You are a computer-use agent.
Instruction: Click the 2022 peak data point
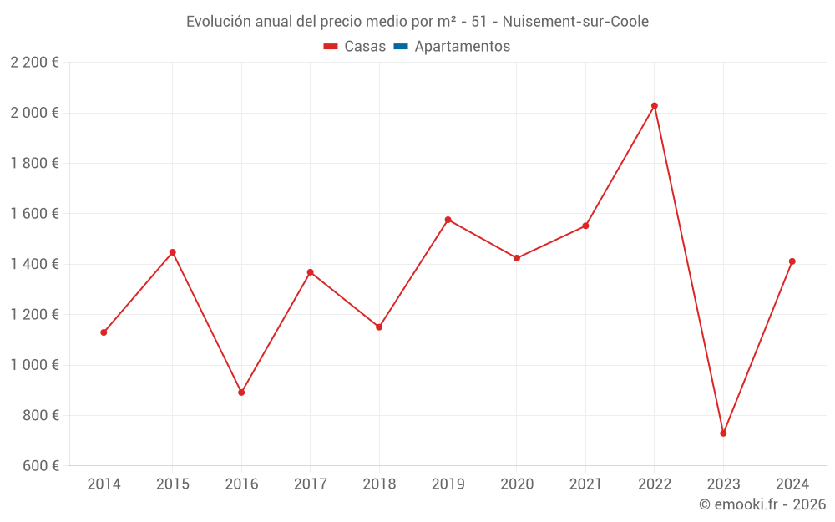(x=655, y=106)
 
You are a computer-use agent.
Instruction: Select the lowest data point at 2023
(x=723, y=433)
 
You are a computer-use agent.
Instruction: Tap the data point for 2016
(x=241, y=393)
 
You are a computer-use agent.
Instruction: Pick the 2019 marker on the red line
(x=448, y=220)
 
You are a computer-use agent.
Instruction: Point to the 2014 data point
(x=104, y=332)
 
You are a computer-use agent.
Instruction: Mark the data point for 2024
(x=792, y=261)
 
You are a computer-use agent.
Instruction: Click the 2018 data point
(x=379, y=327)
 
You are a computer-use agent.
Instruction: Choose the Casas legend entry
(x=355, y=47)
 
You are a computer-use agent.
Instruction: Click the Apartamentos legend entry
(x=452, y=47)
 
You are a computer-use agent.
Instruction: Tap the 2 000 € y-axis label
(x=34, y=113)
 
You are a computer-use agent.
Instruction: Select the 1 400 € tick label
(x=34, y=264)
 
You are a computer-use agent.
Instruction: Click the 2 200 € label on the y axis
(x=34, y=63)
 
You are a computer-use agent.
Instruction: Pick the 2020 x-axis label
(x=517, y=484)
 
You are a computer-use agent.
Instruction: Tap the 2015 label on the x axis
(x=173, y=484)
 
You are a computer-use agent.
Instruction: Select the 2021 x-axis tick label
(x=585, y=484)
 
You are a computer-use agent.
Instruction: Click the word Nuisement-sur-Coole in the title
(x=575, y=22)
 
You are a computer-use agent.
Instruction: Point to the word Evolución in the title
(x=219, y=22)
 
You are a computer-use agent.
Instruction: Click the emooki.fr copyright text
(x=762, y=504)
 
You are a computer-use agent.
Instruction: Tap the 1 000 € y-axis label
(x=34, y=365)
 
